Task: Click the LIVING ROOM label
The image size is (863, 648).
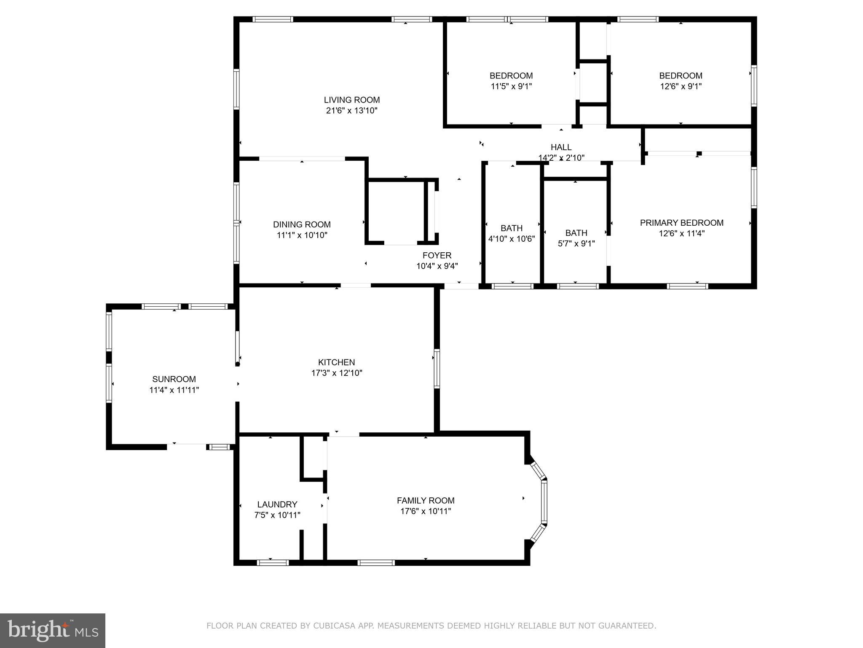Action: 352,100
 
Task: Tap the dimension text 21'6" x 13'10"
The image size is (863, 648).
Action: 352,111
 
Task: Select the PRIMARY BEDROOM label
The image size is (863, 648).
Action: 681,223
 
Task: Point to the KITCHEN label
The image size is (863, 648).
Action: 336,362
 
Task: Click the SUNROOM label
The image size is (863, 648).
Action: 174,379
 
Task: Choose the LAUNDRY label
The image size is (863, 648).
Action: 277,505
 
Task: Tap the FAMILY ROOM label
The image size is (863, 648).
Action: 426,501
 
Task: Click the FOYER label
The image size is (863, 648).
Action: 437,255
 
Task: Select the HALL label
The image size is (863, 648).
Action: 561,147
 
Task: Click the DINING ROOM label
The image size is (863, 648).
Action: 302,224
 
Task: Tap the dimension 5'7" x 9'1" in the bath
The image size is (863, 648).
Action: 576,244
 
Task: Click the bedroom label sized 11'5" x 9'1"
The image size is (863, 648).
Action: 511,76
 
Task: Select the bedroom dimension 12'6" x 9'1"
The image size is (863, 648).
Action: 681,86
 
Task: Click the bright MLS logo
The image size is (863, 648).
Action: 53,630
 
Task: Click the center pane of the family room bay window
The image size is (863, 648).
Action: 544,502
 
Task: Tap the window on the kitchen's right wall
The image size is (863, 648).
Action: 437,368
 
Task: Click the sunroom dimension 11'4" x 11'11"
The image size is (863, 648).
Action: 174,390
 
